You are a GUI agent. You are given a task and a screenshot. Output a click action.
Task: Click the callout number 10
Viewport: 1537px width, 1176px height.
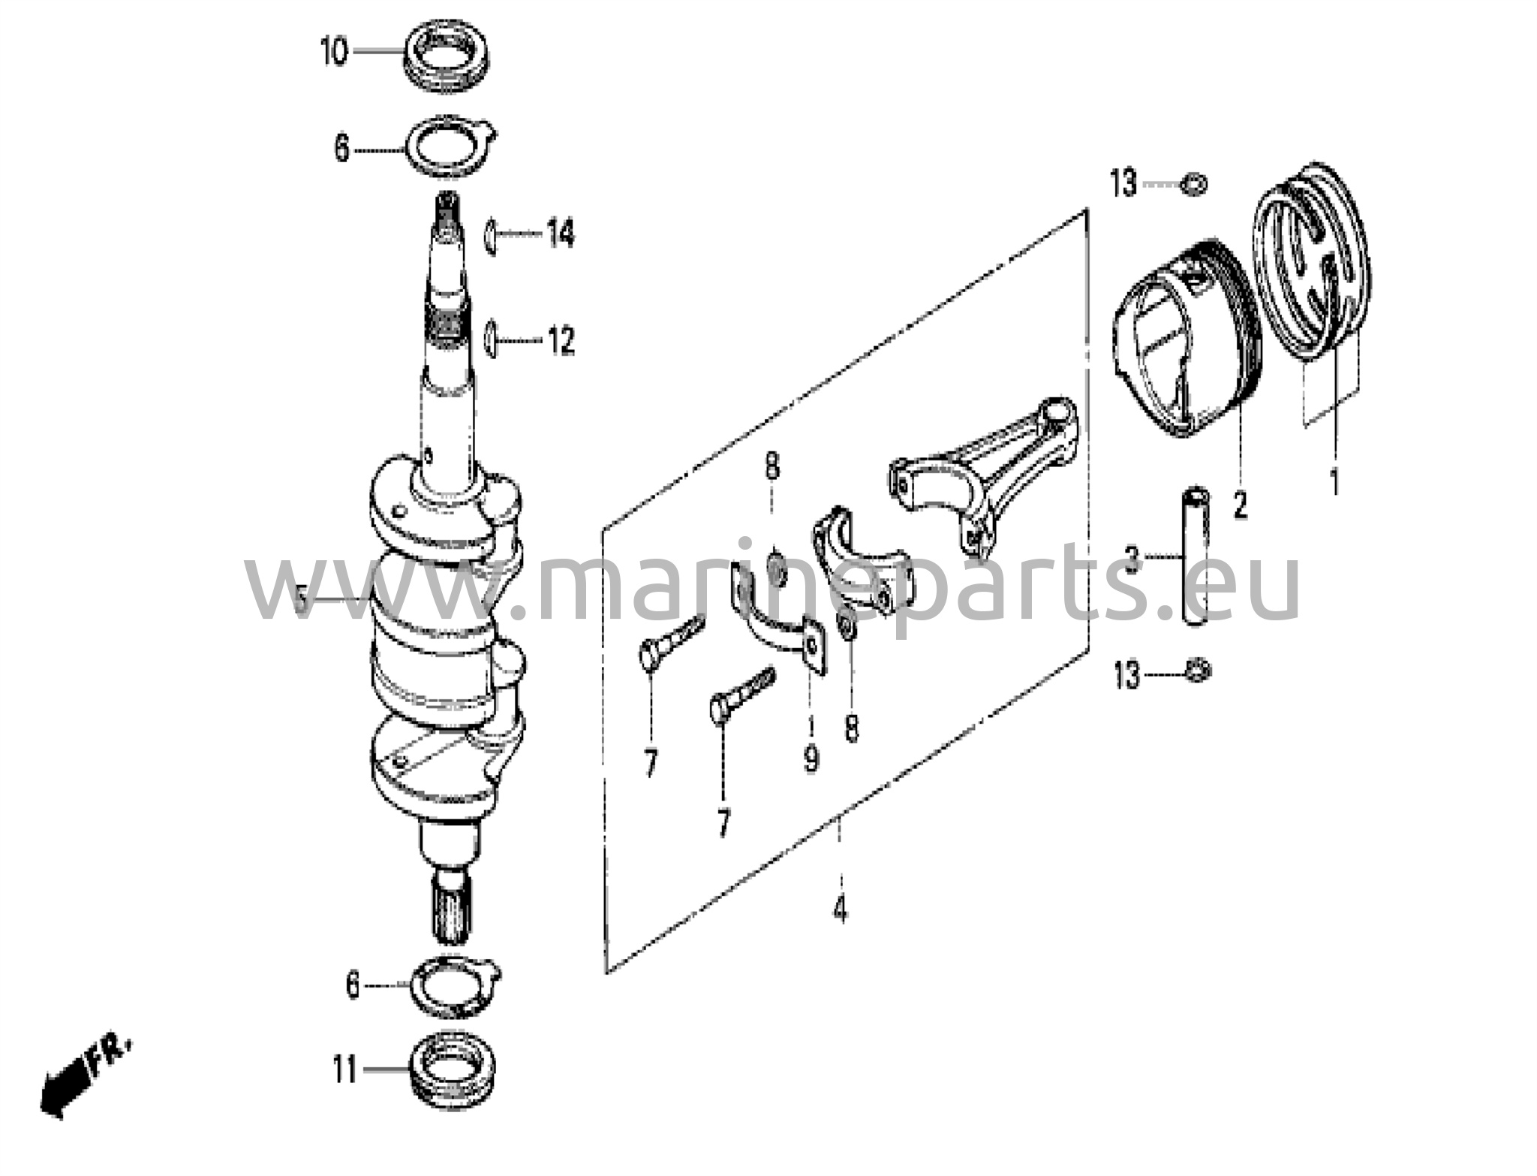tap(335, 53)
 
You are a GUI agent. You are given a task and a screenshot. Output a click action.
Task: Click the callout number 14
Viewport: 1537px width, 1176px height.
tap(560, 234)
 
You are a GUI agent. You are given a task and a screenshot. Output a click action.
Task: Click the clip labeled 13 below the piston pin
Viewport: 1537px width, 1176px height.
tap(1197, 670)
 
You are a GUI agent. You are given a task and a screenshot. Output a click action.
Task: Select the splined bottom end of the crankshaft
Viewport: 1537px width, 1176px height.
tap(452, 908)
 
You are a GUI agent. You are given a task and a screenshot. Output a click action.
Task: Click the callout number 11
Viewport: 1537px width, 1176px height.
tap(344, 1070)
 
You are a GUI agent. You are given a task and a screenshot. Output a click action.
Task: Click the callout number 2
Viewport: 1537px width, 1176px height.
tap(1240, 505)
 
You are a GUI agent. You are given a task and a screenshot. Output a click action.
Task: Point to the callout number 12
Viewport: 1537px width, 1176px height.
tap(561, 341)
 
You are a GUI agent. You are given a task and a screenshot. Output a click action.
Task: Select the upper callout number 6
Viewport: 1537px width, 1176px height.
tap(342, 149)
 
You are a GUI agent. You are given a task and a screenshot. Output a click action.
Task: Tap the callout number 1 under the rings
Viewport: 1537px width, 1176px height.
tap(1334, 481)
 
